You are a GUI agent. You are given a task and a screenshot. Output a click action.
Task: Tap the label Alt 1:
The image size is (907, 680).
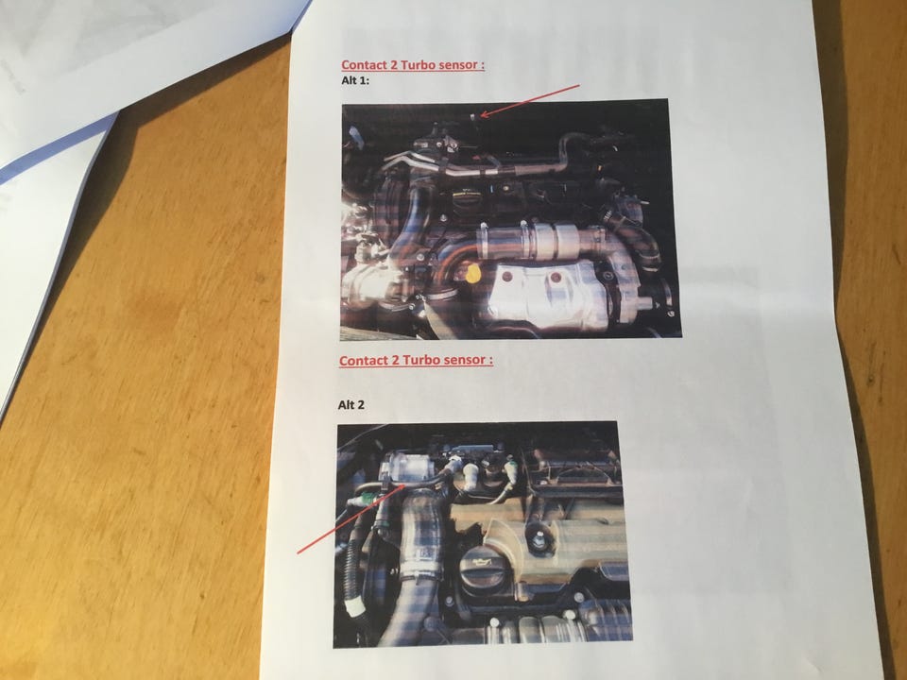pyautogui.click(x=355, y=80)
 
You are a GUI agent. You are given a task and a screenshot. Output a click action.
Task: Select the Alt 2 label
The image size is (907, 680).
pyautogui.click(x=351, y=405)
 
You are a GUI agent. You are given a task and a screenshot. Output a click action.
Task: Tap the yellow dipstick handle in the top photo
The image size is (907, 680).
pyautogui.click(x=472, y=274)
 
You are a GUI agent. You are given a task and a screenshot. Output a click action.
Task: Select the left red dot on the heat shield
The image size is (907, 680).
pyautogui.click(x=507, y=277)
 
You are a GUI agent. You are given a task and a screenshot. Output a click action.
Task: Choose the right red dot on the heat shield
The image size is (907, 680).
pyautogui.click(x=556, y=279)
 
